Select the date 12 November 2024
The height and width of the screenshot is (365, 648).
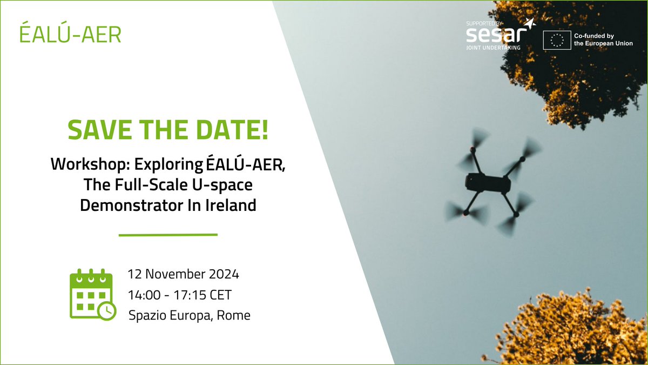pos(183,274)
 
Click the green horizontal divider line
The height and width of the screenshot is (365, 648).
pos(168,235)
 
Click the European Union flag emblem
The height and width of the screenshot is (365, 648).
pos(557,40)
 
